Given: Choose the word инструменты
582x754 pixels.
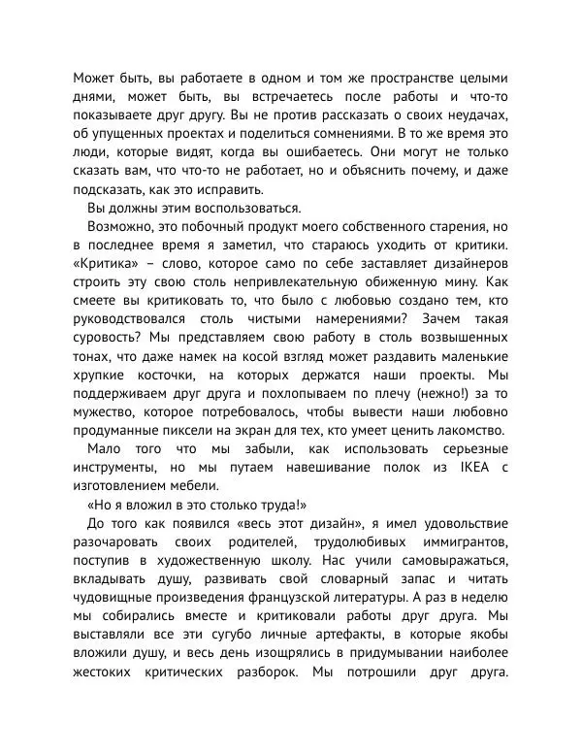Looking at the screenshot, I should pyautogui.click(x=119, y=468).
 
